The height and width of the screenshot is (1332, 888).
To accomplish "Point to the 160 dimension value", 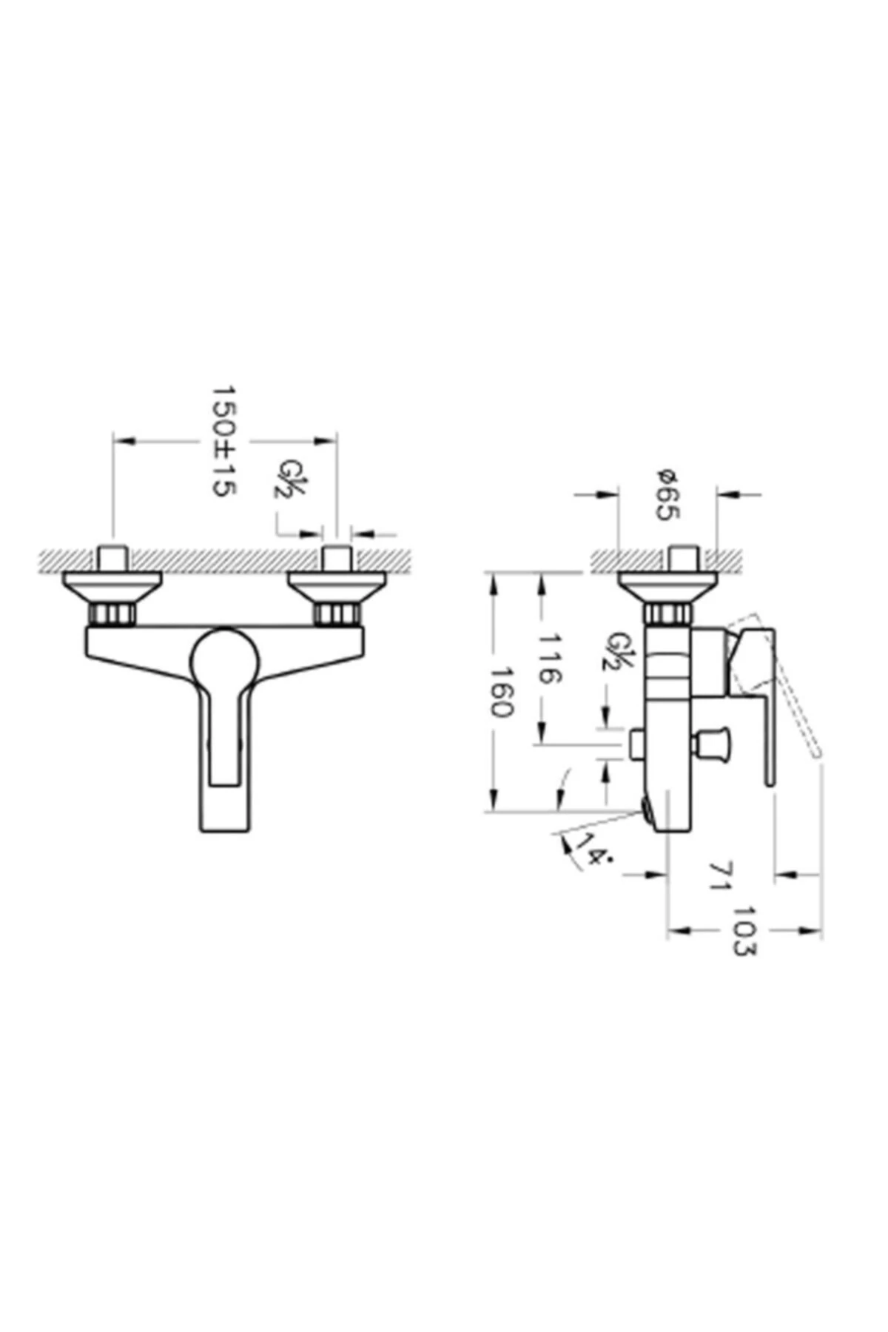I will click(501, 692).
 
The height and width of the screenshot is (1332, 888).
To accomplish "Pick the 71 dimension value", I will click(719, 875).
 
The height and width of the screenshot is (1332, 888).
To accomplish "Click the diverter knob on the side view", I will click(714, 743).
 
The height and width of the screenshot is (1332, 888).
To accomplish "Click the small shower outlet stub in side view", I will click(636, 744).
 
